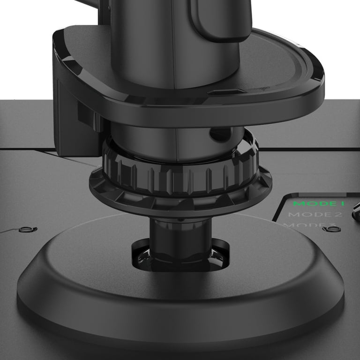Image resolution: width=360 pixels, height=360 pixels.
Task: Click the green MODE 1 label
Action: click(x=318, y=204)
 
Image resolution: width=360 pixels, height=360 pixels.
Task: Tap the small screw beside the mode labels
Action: click(x=332, y=228)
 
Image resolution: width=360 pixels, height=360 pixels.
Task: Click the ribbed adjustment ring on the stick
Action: click(x=178, y=169)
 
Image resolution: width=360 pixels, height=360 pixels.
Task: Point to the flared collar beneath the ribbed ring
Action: click(x=180, y=199)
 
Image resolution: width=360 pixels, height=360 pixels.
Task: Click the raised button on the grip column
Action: click(x=220, y=19)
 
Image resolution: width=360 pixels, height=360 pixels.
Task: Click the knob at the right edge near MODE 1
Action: click(x=356, y=206)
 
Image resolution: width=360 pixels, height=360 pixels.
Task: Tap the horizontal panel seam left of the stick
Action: click(x=28, y=151)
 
